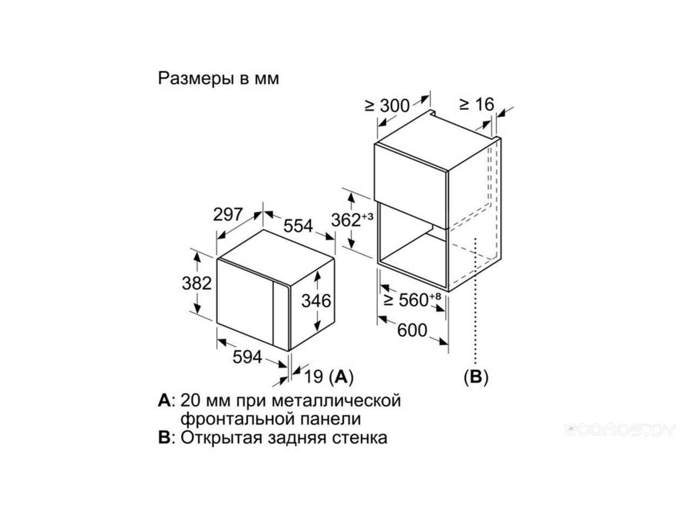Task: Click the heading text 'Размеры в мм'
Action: coord(218,78)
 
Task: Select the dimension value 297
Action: coord(228,215)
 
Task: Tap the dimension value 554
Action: coord(298,226)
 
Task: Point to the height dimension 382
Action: coord(197,283)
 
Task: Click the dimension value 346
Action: coord(316,301)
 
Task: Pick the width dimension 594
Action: coord(247,357)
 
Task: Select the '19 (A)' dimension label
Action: coord(329,377)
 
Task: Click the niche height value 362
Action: coord(345,220)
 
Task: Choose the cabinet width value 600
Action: coord(412,330)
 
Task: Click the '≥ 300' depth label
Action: coord(387,106)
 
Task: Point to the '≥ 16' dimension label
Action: coord(477,105)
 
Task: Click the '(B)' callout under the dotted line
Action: coord(476,377)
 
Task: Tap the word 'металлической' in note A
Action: coord(336,400)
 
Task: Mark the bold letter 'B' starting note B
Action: coord(164,437)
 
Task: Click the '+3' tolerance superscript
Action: coord(368,216)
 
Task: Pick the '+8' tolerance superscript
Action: coord(435,296)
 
